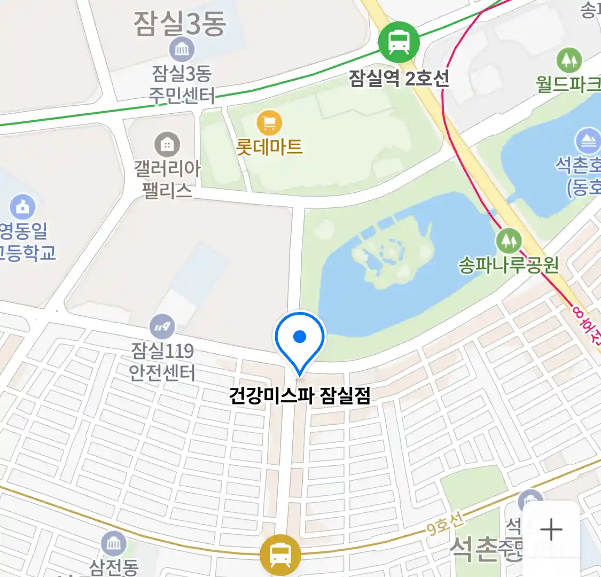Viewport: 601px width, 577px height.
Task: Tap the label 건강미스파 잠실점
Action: (300, 395)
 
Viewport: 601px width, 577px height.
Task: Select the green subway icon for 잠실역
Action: (399, 42)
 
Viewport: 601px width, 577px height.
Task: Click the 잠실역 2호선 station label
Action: (399, 79)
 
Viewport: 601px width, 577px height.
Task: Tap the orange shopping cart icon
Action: (269, 123)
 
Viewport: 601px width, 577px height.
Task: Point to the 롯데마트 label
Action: (269, 146)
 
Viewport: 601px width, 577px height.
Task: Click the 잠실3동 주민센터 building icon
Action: (182, 50)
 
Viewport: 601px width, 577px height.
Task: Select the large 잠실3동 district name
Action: (180, 24)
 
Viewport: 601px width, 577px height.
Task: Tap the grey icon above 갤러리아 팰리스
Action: (167, 144)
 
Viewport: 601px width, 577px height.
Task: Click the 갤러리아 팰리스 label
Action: (167, 180)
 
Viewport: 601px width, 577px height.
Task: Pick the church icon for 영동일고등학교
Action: (22, 207)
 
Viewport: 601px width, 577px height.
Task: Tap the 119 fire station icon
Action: (161, 326)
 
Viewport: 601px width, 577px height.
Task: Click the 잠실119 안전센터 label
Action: (162, 361)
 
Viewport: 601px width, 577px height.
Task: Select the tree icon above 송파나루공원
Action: (509, 241)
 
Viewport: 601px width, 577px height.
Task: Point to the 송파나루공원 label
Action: (508, 264)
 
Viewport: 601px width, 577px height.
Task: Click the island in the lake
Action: (390, 256)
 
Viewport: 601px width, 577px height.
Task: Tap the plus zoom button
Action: (551, 530)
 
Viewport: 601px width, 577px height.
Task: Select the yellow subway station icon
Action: (280, 554)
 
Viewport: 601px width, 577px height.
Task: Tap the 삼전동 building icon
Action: (113, 544)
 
